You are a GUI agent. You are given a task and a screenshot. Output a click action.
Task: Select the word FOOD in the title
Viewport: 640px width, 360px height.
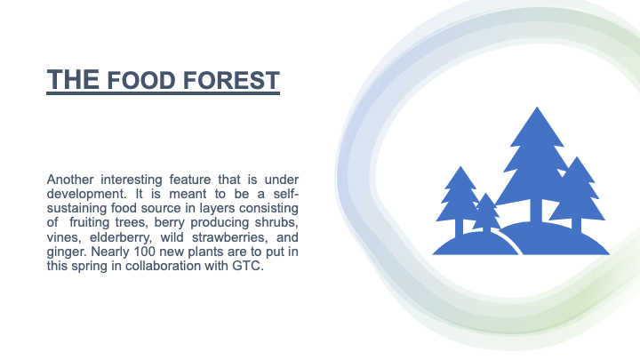(x=141, y=80)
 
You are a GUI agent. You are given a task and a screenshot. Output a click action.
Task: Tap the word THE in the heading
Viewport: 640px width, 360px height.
(x=73, y=80)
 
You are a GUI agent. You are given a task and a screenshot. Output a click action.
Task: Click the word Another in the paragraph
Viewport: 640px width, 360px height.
(x=70, y=180)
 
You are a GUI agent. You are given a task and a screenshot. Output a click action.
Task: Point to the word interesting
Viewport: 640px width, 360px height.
(x=132, y=180)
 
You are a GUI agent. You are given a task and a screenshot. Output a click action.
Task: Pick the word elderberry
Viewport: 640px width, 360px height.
(x=120, y=237)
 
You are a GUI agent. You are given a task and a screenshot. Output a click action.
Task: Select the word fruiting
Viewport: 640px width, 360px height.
(x=90, y=223)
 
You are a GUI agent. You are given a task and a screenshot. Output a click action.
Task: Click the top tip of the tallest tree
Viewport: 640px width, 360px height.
(x=537, y=107)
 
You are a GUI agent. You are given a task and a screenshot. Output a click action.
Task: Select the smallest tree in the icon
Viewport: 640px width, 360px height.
(x=485, y=213)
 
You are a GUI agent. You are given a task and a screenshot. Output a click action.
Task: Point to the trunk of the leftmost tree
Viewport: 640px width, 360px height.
(x=460, y=228)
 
